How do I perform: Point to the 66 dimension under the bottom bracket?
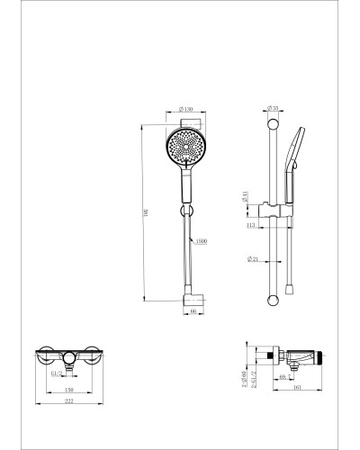pos(193,311)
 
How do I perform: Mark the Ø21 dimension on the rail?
pos(255,259)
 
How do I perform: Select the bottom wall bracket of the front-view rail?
pos(192,297)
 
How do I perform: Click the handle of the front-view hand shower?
pos(187,187)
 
